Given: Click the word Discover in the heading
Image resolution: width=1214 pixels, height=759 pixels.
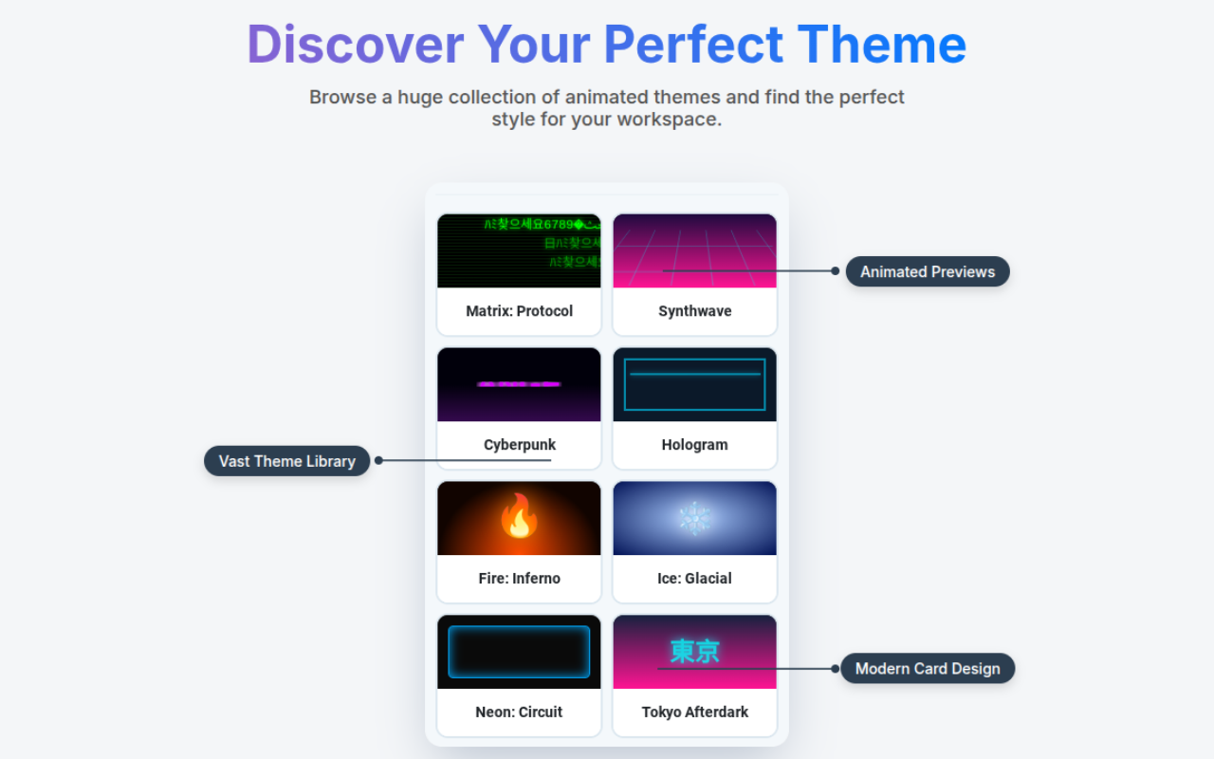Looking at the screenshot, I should click(356, 45).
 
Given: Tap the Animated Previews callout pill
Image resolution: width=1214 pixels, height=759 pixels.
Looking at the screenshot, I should click(928, 271).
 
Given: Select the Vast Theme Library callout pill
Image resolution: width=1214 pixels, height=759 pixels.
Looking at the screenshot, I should click(286, 461).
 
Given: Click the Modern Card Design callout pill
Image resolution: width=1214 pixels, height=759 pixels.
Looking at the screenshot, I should click(928, 669).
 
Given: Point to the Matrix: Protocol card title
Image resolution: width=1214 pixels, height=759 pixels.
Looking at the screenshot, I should click(519, 311).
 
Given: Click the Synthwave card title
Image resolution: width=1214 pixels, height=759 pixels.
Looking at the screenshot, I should click(694, 311).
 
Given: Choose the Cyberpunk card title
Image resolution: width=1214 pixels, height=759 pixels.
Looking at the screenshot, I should click(519, 445).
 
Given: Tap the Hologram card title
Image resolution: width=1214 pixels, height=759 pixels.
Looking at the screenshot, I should click(694, 445).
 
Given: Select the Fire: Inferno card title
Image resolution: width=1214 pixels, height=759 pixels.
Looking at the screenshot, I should click(519, 579).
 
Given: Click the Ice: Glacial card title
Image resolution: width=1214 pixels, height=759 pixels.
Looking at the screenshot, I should click(694, 579).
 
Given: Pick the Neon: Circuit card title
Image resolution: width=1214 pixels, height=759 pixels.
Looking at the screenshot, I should click(519, 713).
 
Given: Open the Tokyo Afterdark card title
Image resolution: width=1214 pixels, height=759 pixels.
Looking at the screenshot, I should click(694, 713).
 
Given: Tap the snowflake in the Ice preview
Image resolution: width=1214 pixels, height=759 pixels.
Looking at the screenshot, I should click(694, 518).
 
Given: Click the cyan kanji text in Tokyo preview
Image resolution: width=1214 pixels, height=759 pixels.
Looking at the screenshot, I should click(694, 651).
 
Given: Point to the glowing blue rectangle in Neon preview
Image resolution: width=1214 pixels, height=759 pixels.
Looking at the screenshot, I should click(519, 652).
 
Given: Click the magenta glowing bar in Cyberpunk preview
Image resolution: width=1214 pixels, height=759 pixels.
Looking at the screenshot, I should click(519, 384).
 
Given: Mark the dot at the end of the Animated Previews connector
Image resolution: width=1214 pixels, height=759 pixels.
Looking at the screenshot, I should click(835, 271).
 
